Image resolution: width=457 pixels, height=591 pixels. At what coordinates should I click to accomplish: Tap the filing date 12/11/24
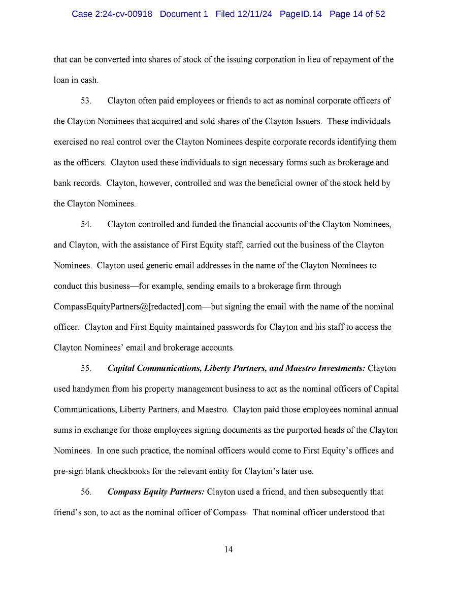(x=254, y=14)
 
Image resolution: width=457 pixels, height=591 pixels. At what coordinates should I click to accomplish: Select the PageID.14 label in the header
(x=301, y=14)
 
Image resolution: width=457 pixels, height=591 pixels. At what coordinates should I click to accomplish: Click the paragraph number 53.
(x=86, y=101)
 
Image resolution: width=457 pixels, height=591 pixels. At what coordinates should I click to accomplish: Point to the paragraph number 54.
(x=86, y=224)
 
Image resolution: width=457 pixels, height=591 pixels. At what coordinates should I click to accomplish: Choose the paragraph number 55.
(x=86, y=368)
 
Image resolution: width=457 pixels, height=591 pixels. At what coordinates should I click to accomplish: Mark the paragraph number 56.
(x=86, y=492)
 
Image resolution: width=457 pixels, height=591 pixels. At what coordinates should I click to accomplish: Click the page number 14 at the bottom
(x=228, y=549)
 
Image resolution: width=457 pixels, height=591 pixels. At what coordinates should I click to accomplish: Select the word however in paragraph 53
(x=154, y=183)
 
